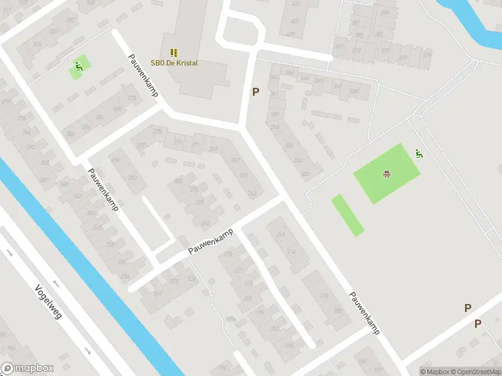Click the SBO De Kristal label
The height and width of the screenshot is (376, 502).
coord(174,63)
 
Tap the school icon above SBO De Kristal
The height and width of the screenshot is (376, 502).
coord(174,53)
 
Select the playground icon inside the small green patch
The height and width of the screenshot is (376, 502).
coord(78,66)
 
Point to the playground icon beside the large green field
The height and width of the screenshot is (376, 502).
coord(419,153)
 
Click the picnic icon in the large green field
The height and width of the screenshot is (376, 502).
coord(387,173)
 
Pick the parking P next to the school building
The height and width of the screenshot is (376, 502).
coord(255,92)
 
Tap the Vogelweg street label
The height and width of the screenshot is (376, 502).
coord(48,303)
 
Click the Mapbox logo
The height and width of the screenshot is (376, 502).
coord(27,368)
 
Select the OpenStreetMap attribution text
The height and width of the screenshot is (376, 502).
coord(473,372)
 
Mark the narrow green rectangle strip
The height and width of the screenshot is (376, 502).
coord(347,215)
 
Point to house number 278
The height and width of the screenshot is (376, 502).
coord(131,98)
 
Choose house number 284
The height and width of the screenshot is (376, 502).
coord(85,126)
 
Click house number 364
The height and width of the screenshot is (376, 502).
coord(305,78)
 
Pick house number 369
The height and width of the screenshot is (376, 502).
coord(214,149)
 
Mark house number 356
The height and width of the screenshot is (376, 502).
coord(289,145)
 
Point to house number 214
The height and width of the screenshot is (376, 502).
coord(291,251)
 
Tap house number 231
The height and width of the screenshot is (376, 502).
coord(158,293)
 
